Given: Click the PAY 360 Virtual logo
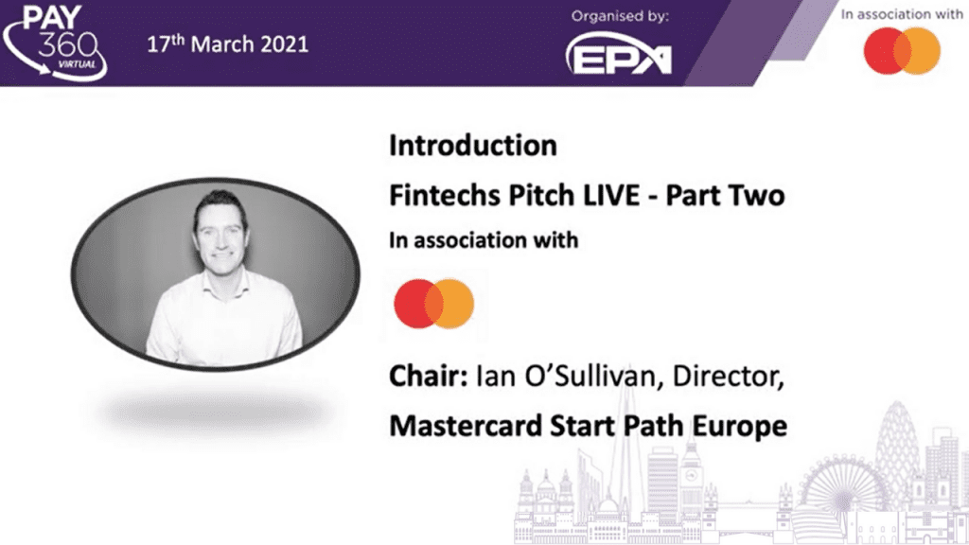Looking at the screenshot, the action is point(54,42).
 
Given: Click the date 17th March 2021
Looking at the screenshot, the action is point(227,44).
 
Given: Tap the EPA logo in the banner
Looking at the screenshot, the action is point(619,54).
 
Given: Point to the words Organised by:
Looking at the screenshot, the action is point(620,16).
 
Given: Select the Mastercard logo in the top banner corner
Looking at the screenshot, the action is point(902,51).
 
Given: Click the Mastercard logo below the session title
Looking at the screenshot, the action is point(433,304).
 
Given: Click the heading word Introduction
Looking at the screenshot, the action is point(473,146).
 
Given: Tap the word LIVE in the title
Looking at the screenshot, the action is point(610,195).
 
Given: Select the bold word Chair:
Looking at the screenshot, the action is point(429,377).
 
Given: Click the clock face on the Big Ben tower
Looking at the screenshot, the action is point(692,476).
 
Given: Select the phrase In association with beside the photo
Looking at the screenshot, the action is point(484,240).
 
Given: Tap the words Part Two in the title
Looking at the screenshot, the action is point(725,195).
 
